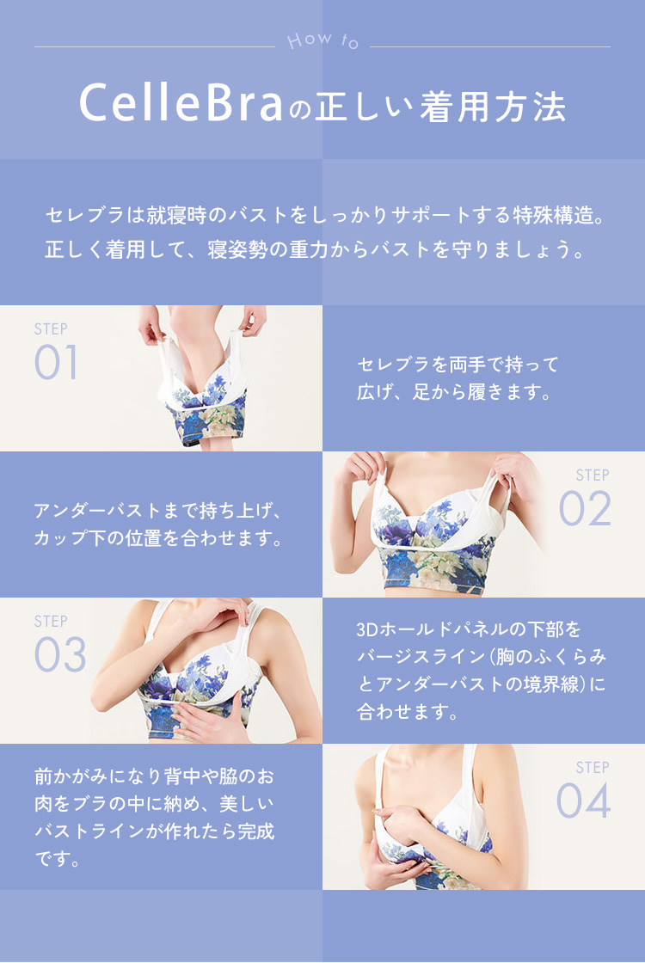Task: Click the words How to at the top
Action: (x=322, y=40)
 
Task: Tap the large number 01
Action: (x=56, y=363)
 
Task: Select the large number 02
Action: (x=585, y=509)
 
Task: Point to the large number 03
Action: (x=60, y=655)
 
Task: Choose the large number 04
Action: (x=583, y=801)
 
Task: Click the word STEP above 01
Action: (x=51, y=329)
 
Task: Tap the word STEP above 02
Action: (x=593, y=475)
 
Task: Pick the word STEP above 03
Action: (x=51, y=622)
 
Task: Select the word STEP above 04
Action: (x=593, y=768)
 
